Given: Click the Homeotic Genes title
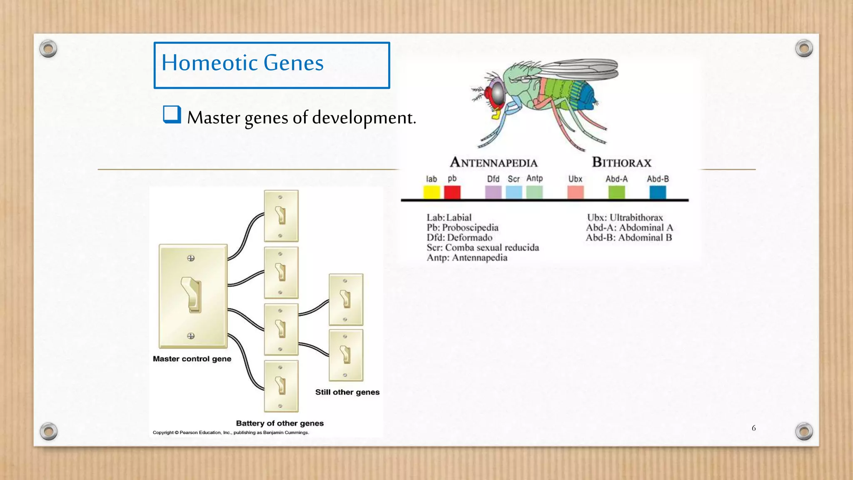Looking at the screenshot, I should [x=242, y=63].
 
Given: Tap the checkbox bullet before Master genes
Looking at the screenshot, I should [x=172, y=115].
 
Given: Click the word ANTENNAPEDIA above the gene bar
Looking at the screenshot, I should [x=494, y=162].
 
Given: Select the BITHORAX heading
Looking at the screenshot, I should [x=621, y=162].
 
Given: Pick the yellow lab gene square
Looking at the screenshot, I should [x=431, y=192].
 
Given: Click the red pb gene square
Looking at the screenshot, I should [x=452, y=192].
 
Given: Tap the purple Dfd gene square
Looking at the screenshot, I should [x=493, y=192].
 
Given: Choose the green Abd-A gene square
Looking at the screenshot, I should [x=616, y=192].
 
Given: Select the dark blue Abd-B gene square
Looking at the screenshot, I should [x=658, y=192].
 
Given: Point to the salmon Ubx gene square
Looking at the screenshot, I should [x=575, y=192].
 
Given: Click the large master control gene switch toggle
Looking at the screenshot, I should [x=192, y=295].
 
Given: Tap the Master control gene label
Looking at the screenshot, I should [x=192, y=359].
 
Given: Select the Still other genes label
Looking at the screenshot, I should [x=347, y=392].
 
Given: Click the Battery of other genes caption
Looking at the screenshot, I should [x=279, y=423].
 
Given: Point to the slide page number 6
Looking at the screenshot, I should [x=753, y=428].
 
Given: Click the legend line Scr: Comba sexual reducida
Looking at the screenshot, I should [x=482, y=247].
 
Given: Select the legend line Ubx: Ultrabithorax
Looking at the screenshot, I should [x=625, y=217].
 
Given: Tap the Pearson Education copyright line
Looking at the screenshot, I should [x=231, y=432].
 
